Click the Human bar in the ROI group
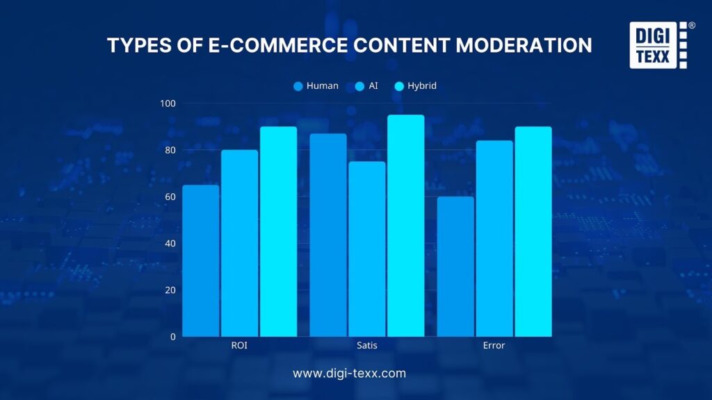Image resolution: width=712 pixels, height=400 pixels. [x=201, y=260]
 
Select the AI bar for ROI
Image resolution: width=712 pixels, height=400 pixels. [x=239, y=243]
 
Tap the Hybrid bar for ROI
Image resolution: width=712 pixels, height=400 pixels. [x=278, y=231]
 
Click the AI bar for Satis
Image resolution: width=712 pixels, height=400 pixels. [x=367, y=249]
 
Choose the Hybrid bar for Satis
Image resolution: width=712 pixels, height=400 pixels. [x=405, y=226]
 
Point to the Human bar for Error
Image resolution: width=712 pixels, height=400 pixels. [x=455, y=267]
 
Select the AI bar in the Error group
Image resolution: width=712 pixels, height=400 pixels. [x=494, y=238]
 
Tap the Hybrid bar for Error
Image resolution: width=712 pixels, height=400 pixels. [x=533, y=231]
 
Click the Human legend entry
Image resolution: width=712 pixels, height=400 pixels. [x=316, y=86]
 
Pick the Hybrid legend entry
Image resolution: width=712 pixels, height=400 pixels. [x=416, y=86]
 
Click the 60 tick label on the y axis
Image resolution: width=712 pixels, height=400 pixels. [x=169, y=197]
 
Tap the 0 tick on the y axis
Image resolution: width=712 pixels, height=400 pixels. [x=172, y=337]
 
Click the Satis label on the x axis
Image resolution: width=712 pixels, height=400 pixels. [x=367, y=345]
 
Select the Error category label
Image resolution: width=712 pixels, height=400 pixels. [x=494, y=345]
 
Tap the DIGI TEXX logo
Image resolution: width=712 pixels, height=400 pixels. [x=659, y=45]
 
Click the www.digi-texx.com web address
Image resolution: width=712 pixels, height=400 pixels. [x=349, y=374]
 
